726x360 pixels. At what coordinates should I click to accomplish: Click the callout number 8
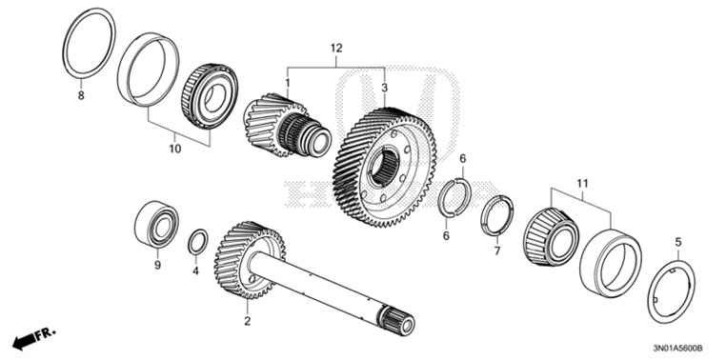[x=81, y=96]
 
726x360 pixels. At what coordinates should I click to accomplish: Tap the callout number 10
[x=174, y=150]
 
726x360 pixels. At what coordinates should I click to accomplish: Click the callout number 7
[x=496, y=252]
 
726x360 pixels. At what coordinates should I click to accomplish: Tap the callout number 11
[x=583, y=181]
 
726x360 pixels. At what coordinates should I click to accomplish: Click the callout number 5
[x=678, y=242]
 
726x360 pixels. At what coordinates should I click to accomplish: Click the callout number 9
[x=157, y=267]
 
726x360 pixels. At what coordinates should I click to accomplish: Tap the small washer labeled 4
[x=195, y=241]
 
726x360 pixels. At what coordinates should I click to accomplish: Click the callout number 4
[x=195, y=271]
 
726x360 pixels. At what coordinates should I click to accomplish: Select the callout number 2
[x=247, y=322]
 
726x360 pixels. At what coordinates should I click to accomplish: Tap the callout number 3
[x=385, y=88]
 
